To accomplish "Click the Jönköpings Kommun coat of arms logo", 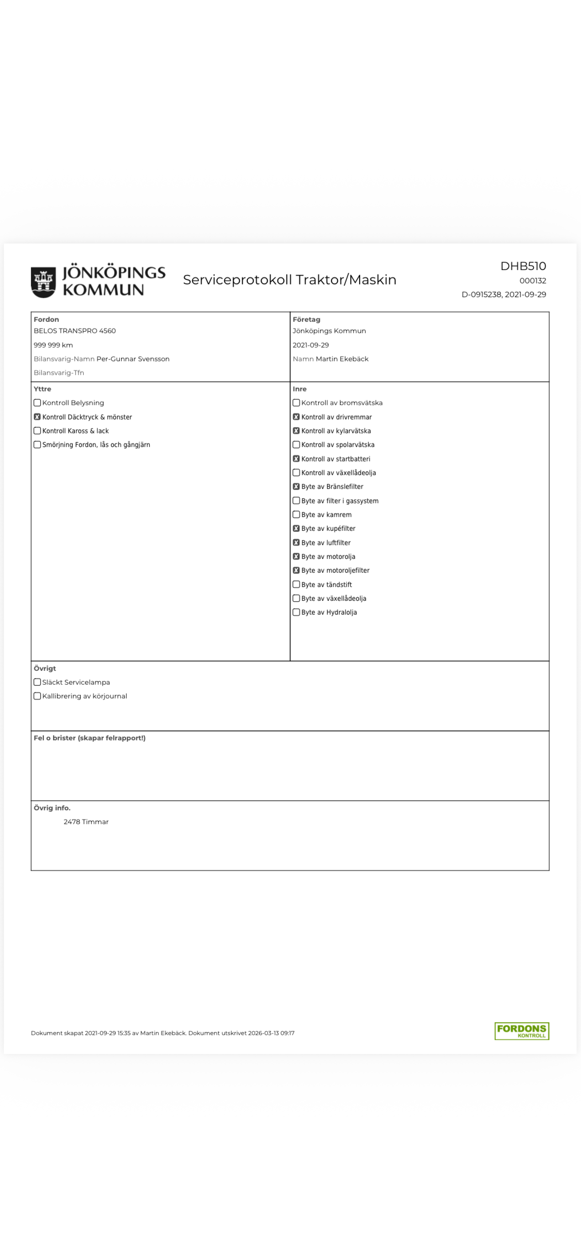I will coord(43,282).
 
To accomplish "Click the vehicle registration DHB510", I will coord(523,266).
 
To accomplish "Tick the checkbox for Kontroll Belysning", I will coord(37,403).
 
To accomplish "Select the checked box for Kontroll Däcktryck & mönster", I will coord(37,417).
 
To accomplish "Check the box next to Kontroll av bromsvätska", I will coord(296,403).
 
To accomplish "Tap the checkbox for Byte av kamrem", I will coord(296,515).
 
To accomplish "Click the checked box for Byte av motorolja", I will coord(296,557).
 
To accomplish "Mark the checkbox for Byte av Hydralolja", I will coord(296,612).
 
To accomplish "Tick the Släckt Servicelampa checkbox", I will coord(37,682).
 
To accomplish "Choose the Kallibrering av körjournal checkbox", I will coord(37,696).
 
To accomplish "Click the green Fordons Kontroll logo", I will coord(521,1031).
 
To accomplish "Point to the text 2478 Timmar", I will coord(86,822).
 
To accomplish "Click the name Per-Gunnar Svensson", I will coord(133,359).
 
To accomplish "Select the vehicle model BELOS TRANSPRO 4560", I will coord(74,331).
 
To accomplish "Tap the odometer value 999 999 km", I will coord(53,345).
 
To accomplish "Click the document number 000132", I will coord(532,280).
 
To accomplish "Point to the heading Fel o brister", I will coord(89,738).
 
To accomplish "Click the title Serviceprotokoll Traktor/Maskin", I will coord(289,280).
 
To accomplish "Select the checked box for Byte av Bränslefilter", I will coord(296,487).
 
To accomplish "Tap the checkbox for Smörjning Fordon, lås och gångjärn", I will coord(37,445).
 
